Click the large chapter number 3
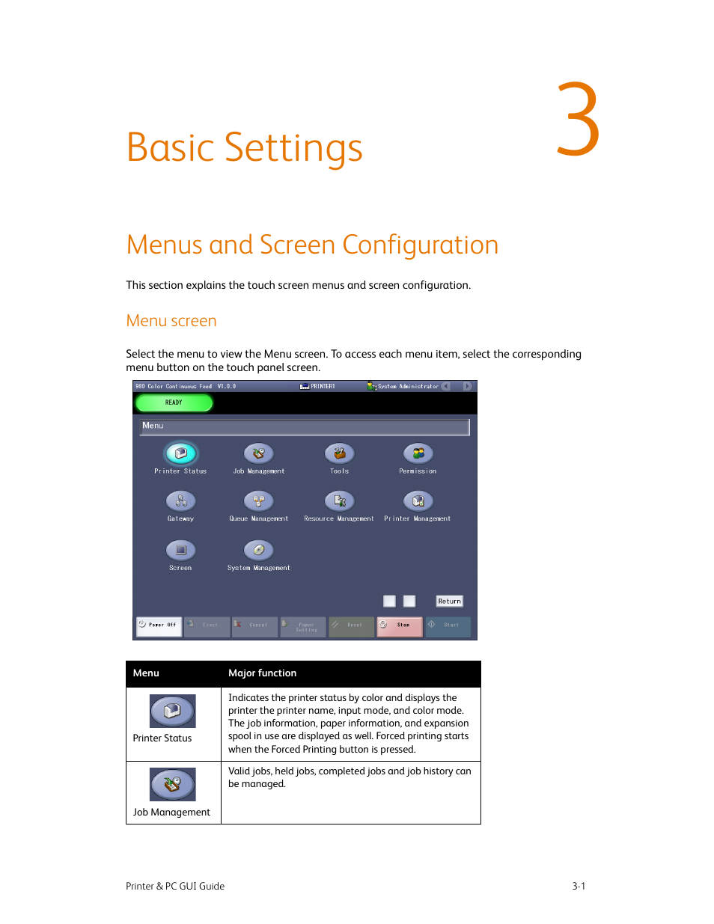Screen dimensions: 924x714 click(x=578, y=120)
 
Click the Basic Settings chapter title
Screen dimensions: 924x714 click(x=244, y=148)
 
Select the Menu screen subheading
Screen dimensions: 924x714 click(x=171, y=321)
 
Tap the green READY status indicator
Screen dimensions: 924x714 click(x=174, y=403)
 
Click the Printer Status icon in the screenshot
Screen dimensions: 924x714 click(x=180, y=453)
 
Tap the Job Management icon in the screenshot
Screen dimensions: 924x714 click(x=259, y=453)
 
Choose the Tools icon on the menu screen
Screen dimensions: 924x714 click(x=339, y=453)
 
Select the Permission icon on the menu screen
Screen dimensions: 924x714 click(x=418, y=453)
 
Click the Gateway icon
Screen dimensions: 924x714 click(x=180, y=501)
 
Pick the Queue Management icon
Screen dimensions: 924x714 click(x=259, y=501)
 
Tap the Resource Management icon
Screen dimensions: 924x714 click(x=339, y=501)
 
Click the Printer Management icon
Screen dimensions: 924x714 click(x=418, y=501)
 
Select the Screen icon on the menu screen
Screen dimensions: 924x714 click(x=180, y=551)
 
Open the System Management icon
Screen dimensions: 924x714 click(x=259, y=551)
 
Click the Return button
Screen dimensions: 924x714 click(x=449, y=602)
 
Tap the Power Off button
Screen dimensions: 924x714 click(x=159, y=625)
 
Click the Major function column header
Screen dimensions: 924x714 click(x=263, y=673)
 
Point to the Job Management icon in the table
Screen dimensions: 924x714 click(x=173, y=784)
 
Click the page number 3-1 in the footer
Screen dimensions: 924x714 click(x=579, y=886)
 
